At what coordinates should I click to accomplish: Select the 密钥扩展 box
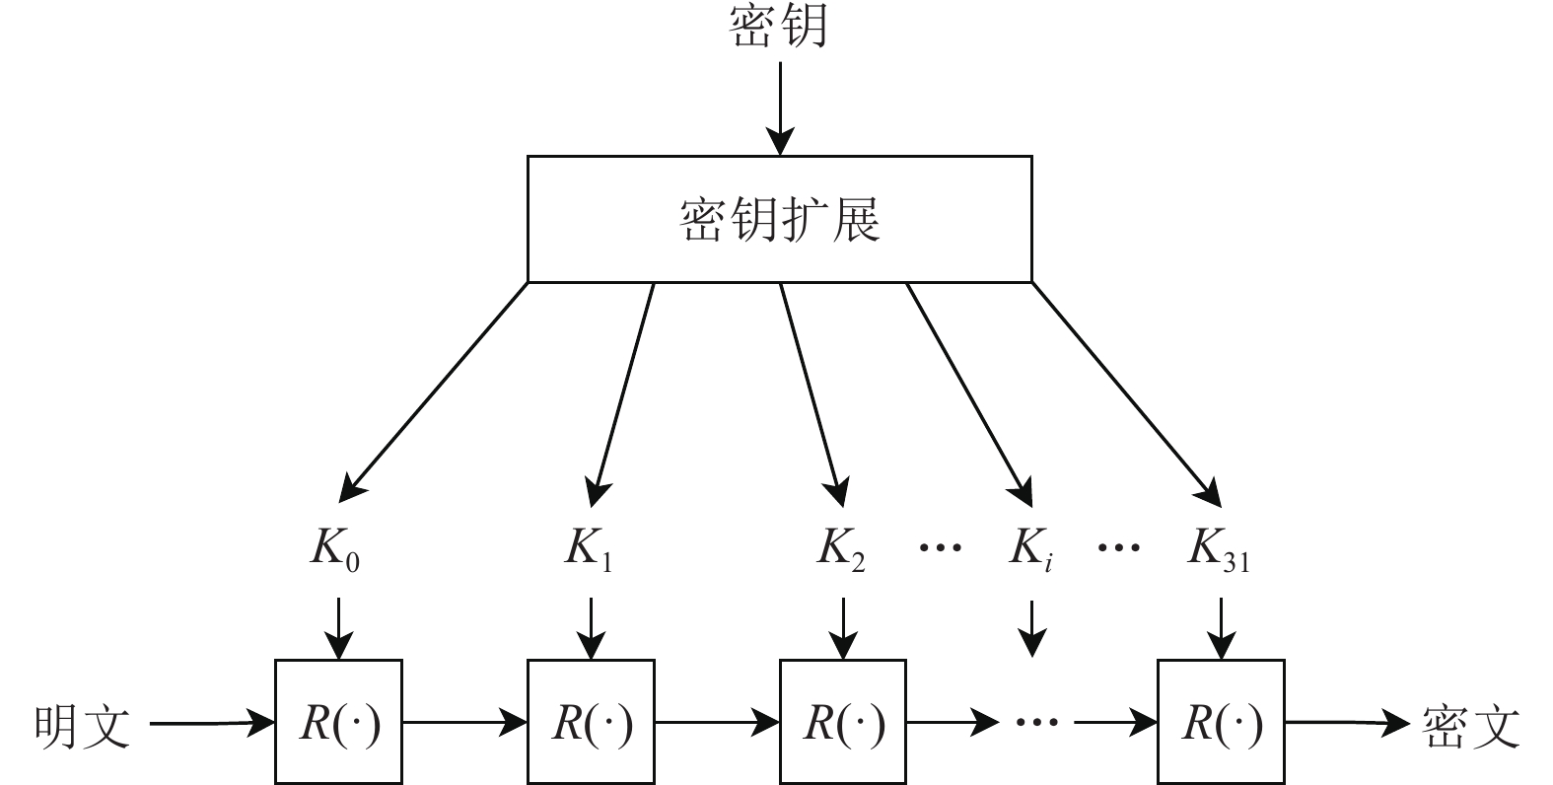[x=779, y=219]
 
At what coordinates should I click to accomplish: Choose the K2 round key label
[x=841, y=549]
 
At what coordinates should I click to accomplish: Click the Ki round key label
[x=1029, y=549]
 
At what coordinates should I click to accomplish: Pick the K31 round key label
[x=1219, y=549]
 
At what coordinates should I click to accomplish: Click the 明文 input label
[x=83, y=726]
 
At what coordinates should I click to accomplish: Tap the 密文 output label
[x=1471, y=726]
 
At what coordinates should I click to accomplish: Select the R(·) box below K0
[x=338, y=723]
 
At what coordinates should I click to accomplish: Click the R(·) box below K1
[x=591, y=723]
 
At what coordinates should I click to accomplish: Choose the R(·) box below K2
[x=843, y=723]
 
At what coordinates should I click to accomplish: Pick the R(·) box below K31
[x=1221, y=723]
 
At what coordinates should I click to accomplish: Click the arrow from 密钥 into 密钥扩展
[x=779, y=108]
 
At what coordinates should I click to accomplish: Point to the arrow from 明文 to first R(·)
[x=211, y=725]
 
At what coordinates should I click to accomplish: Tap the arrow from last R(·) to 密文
[x=1347, y=724]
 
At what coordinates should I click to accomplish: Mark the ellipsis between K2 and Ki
[x=940, y=545]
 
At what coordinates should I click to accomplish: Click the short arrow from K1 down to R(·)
[x=591, y=627]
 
